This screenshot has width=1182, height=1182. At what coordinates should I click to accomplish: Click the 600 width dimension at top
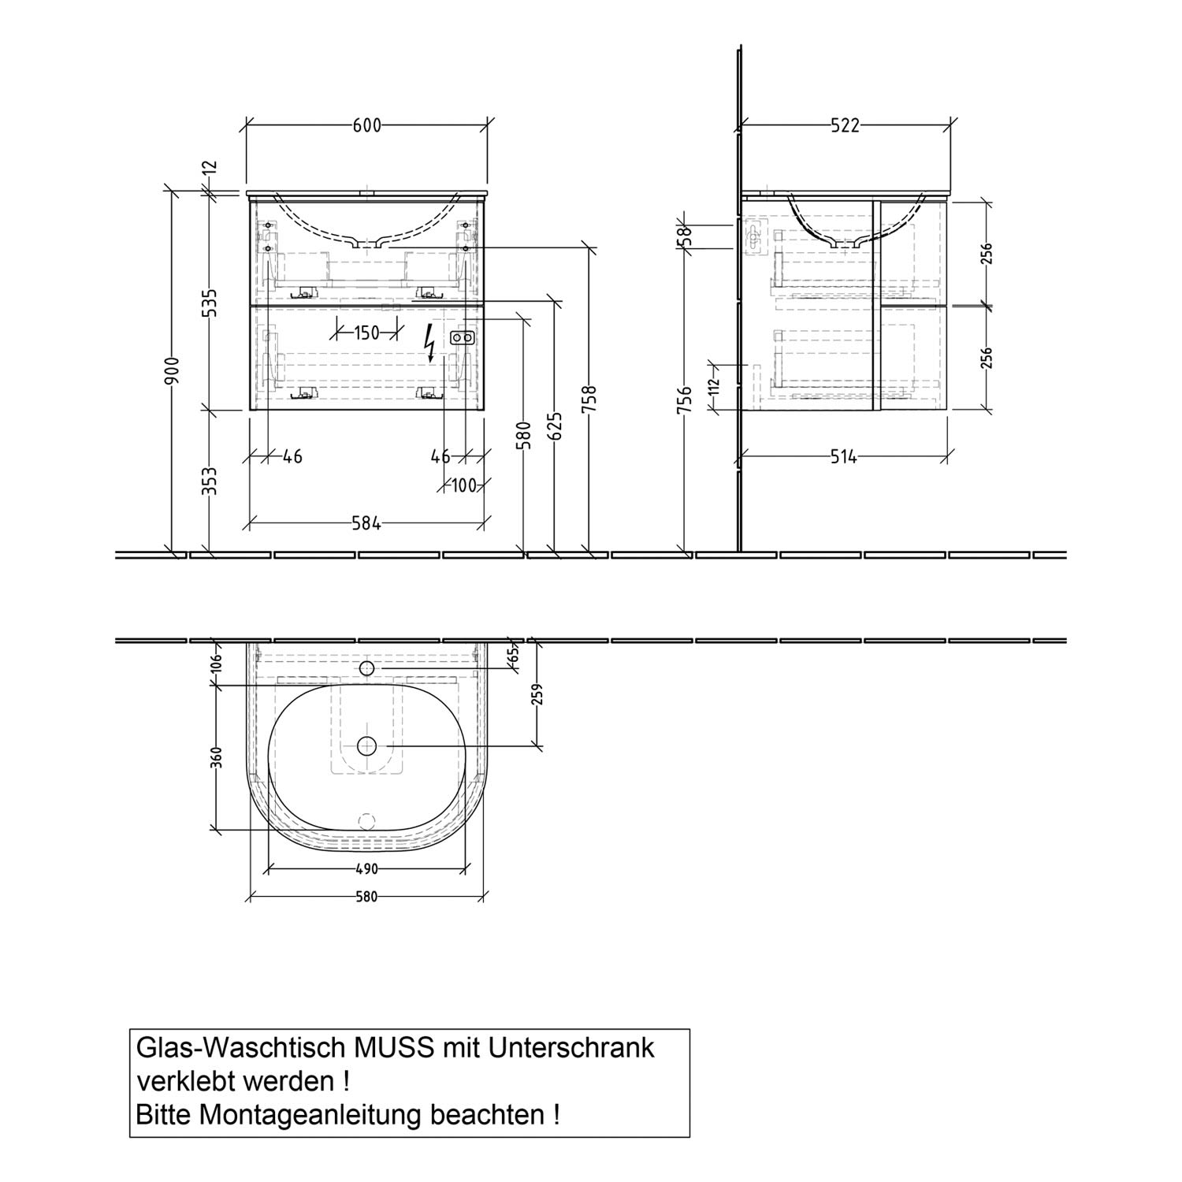coord(366,126)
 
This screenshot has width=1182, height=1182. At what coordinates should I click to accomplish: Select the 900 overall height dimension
coord(173,370)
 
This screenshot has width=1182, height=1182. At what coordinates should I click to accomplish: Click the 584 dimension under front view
coord(366,522)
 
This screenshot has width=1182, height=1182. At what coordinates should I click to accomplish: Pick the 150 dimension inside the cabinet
coord(366,333)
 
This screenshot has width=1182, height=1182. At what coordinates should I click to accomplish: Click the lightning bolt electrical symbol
coord(429,343)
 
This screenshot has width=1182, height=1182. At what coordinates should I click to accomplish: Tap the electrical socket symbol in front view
coord(462,339)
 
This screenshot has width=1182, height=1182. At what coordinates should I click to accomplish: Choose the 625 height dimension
coord(556,426)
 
